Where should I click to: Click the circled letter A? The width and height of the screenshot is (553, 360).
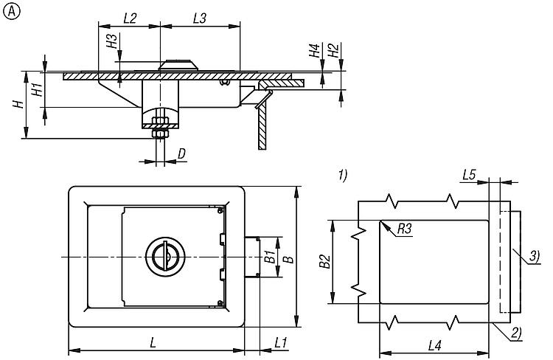[12, 12]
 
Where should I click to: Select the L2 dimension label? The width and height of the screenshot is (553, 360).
[130, 18]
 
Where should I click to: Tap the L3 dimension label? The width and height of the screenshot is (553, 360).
[200, 18]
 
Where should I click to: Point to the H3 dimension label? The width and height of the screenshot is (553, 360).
[111, 41]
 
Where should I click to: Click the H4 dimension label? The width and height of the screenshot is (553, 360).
[314, 50]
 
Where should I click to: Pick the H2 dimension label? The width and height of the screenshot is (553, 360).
[333, 50]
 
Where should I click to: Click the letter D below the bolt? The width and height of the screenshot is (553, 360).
[181, 153]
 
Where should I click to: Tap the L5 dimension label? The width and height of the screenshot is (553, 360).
[470, 174]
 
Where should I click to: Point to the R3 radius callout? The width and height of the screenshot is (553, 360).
[404, 229]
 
